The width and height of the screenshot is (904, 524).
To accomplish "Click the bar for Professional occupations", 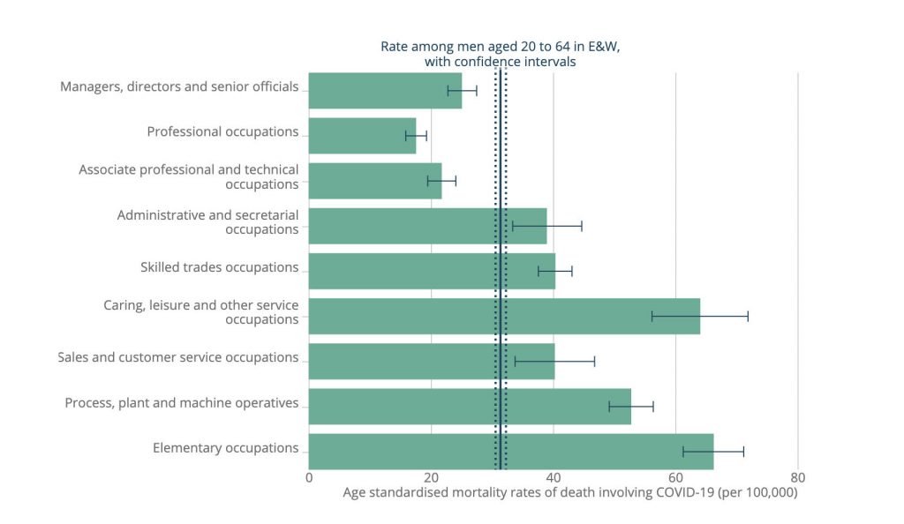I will [362, 136].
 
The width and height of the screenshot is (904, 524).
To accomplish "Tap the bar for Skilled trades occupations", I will [432, 271].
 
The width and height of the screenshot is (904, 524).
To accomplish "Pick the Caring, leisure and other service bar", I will [504, 316].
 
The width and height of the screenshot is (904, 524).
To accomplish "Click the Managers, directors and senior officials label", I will [179, 86].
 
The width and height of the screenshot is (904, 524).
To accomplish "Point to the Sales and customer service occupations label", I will [178, 357].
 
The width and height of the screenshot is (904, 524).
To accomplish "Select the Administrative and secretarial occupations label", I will [207, 221].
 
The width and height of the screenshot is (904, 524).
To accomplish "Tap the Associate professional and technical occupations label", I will [189, 176].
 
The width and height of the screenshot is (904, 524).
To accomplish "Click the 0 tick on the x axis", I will [309, 477].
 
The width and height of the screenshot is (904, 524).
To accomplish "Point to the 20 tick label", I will [431, 477].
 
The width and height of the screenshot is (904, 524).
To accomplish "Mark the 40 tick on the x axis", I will [554, 477].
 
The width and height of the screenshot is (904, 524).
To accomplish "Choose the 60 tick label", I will [675, 477].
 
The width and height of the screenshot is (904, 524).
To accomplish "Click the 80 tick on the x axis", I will [797, 477].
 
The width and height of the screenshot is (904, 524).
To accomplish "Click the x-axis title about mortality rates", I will [569, 493].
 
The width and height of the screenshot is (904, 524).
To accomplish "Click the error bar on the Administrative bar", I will [546, 226].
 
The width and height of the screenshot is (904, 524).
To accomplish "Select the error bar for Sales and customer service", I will [554, 361].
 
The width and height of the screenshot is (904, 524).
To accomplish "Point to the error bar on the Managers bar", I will [462, 90].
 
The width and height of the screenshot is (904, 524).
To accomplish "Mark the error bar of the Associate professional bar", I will [441, 181].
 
